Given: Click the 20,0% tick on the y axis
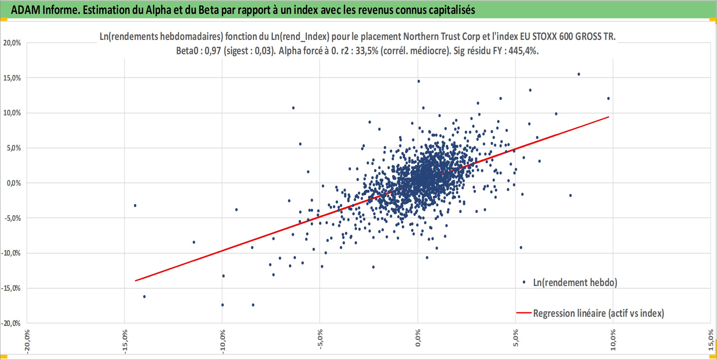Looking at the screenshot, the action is pos(12,43).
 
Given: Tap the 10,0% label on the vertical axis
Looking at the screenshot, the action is pos(12,113).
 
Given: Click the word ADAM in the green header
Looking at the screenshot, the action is pos(26,10).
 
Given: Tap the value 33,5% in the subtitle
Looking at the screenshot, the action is pos(367,51).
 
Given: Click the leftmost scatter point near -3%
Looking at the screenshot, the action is pos(135,205).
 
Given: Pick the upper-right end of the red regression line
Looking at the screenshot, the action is pos(609,117).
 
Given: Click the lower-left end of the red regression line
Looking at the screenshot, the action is pos(135,281).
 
